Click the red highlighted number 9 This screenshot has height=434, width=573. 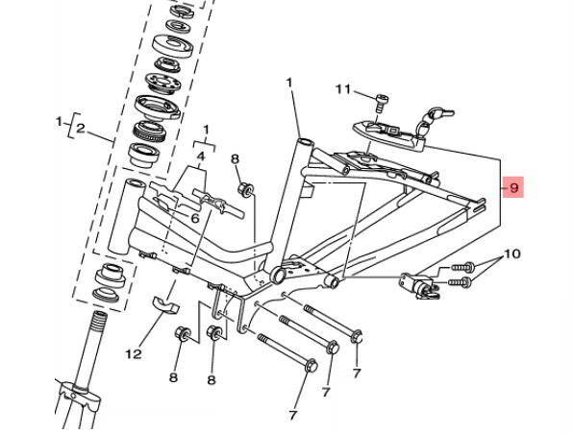point(513,187)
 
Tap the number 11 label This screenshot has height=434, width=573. point(343,89)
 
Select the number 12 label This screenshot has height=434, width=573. point(134,353)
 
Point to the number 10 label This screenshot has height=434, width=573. point(512,253)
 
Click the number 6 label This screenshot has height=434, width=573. point(195,219)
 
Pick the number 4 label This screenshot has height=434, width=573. point(201,157)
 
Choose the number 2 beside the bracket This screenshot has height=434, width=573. point(81,129)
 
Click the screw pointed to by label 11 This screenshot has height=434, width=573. point(381,103)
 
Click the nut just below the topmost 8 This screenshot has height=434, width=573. point(245,189)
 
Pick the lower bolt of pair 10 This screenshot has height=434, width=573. point(460,282)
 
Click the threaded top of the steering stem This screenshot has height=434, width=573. point(99,322)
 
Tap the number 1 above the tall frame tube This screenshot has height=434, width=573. point(289,83)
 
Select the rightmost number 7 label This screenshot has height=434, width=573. point(357,374)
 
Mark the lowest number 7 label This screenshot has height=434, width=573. point(292,415)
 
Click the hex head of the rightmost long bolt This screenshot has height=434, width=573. point(357,336)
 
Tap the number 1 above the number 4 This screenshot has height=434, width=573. point(206,130)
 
